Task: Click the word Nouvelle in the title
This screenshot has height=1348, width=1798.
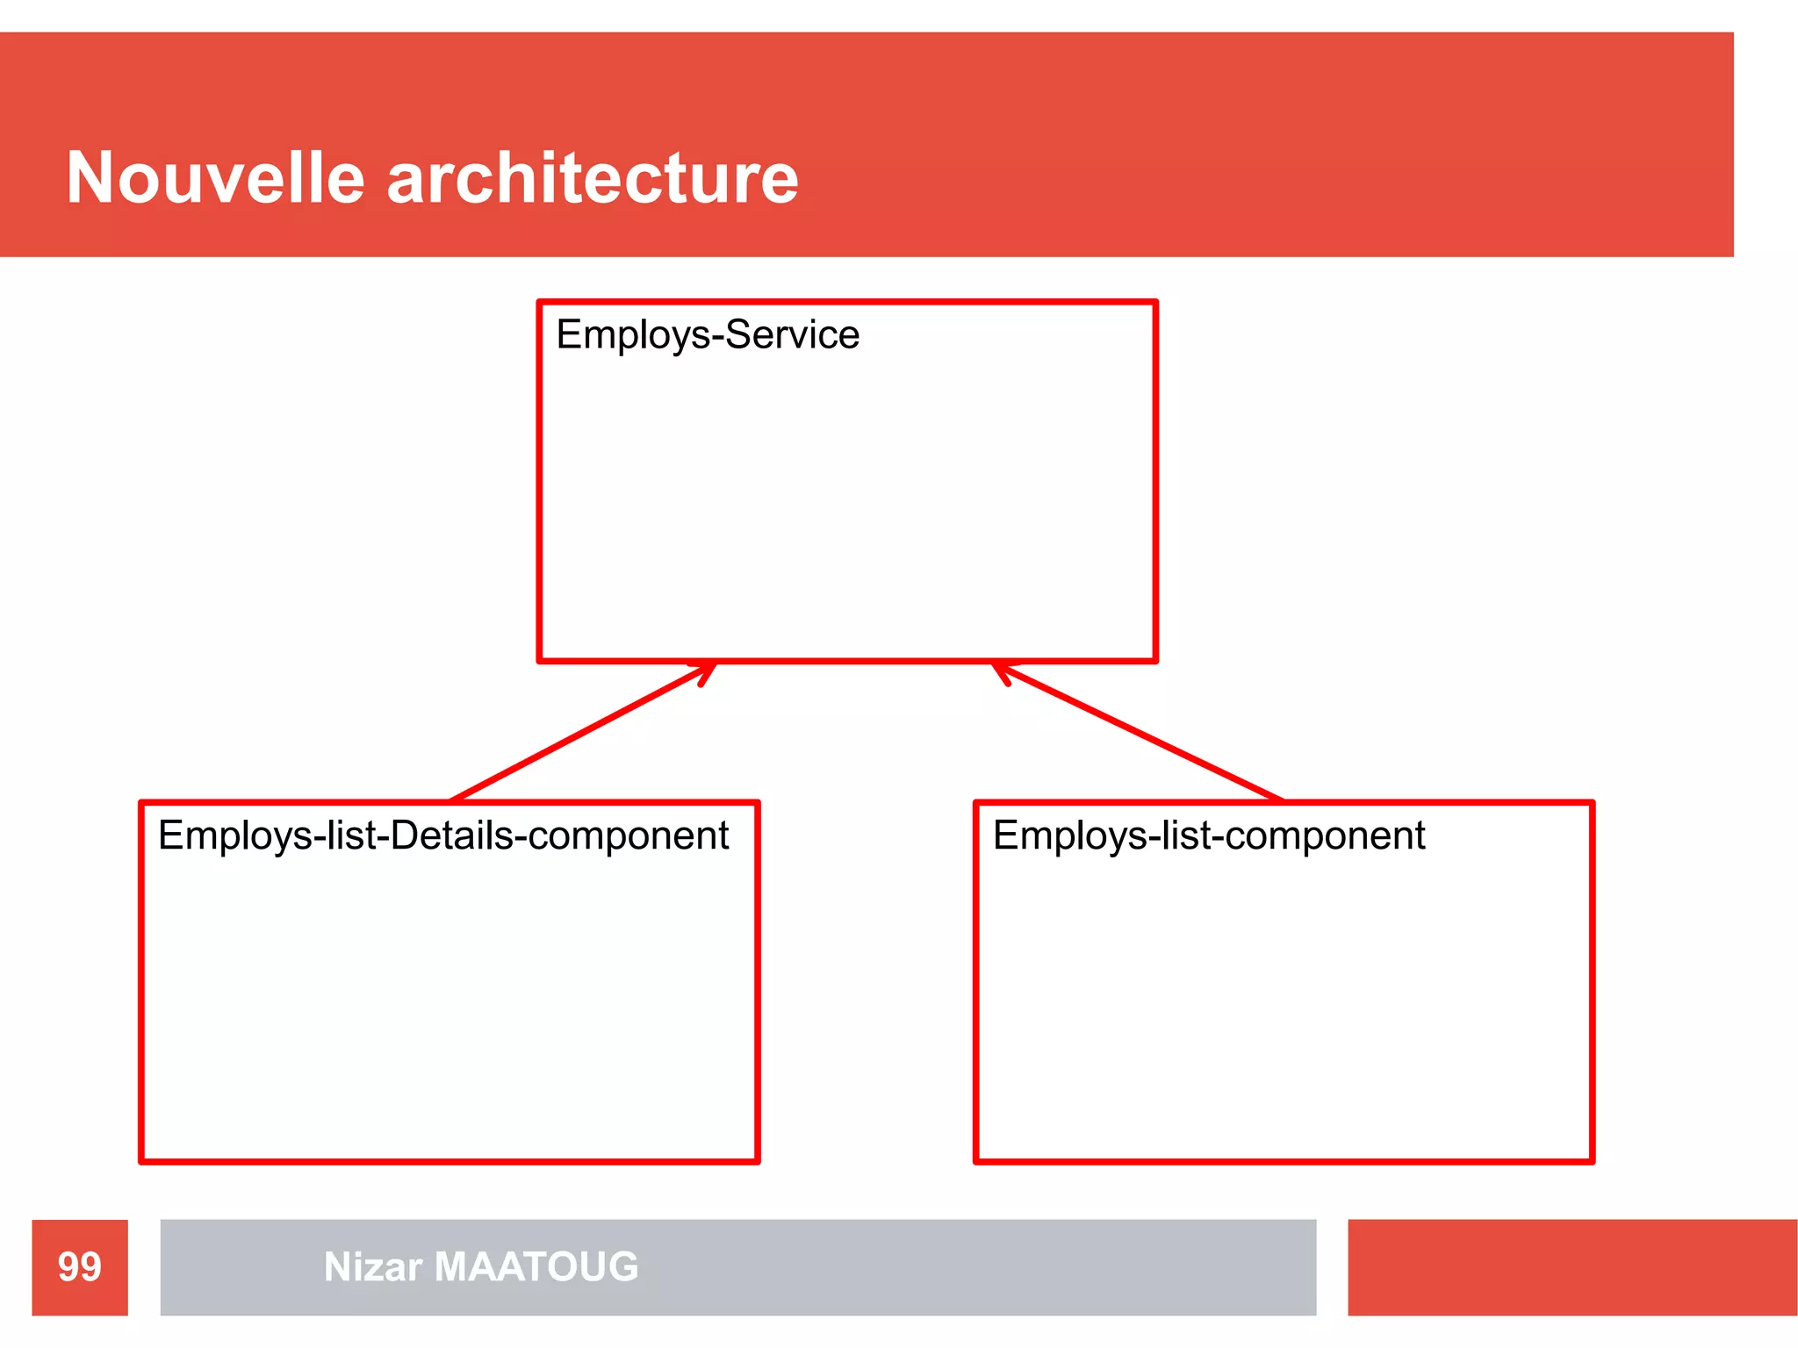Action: tap(215, 178)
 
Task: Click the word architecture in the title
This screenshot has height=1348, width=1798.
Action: tap(593, 178)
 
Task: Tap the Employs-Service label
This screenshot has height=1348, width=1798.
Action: tap(708, 334)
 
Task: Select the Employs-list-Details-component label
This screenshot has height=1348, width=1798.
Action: tap(443, 835)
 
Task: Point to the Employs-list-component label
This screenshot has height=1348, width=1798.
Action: tap(1209, 835)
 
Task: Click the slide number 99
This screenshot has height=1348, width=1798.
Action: tap(80, 1266)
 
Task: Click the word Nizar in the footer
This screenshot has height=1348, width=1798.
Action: tap(373, 1266)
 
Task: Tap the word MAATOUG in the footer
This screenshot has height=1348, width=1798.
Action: tap(536, 1266)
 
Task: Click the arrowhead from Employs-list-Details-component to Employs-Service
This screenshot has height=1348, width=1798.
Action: tap(708, 671)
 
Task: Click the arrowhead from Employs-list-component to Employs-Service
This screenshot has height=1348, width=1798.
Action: tap(1002, 671)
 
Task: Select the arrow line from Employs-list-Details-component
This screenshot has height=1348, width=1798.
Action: tap(579, 734)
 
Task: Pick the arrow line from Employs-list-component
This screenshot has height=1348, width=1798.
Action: tap(1141, 734)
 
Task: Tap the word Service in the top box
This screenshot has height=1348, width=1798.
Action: tap(793, 334)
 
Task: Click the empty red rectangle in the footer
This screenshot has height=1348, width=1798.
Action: tap(1571, 1266)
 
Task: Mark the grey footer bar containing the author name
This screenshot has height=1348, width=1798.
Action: tap(966, 1266)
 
